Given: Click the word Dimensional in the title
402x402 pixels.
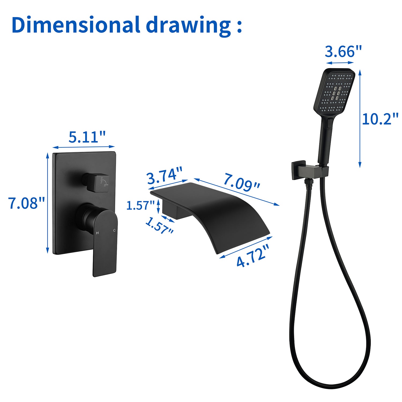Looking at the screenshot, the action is click(x=76, y=25).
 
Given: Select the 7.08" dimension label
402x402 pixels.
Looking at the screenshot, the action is click(x=26, y=203).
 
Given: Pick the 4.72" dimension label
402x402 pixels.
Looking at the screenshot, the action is click(x=252, y=256).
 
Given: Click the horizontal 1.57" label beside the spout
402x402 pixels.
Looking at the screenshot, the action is click(x=140, y=206).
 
